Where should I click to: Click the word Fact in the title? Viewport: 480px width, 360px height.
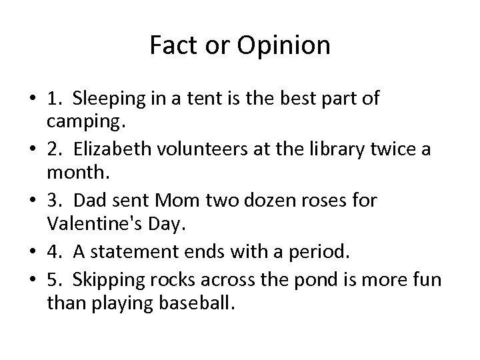pyautogui.click(x=169, y=45)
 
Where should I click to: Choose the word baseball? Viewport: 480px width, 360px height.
pyautogui.click(x=198, y=305)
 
